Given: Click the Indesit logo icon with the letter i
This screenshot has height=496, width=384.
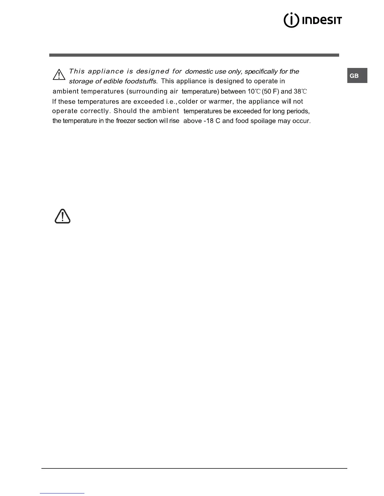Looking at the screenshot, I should point(291,20).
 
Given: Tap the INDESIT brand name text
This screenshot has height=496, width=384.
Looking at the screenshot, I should point(322,21).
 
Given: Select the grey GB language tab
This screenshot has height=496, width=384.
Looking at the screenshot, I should point(357,76).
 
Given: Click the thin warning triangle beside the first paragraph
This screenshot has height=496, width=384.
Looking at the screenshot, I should point(59,75).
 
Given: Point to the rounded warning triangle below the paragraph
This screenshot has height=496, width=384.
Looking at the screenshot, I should point(62,216).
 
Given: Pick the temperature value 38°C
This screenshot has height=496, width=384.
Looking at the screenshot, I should point(300,91).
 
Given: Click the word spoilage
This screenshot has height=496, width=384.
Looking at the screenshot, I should point(263,121).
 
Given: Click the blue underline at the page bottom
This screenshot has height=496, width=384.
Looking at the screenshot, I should point(62,493).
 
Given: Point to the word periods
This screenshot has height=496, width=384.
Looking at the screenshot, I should point(298,111).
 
